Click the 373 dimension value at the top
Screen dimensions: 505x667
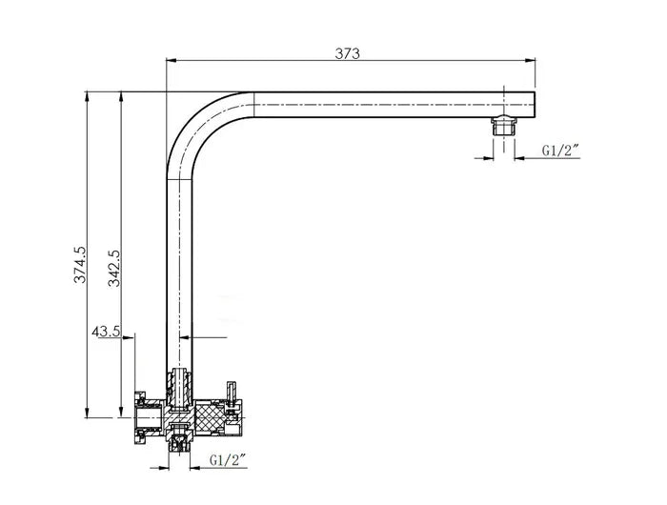coord(347,54)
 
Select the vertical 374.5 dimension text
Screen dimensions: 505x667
coord(80,264)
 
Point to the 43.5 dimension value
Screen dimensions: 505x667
coord(105,332)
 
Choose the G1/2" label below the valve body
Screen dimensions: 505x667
coord(227,460)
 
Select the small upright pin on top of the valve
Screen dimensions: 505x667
coord(230,391)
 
